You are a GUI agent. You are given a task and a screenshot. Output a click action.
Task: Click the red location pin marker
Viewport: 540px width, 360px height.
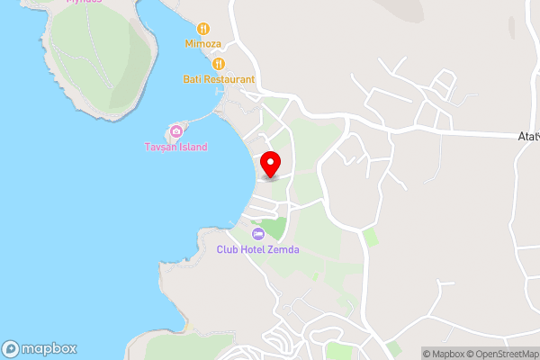[x=270, y=165]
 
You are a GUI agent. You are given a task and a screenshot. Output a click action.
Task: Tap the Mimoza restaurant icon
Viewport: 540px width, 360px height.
[x=203, y=29]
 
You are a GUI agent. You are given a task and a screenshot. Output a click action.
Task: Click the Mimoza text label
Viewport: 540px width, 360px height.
[x=203, y=43]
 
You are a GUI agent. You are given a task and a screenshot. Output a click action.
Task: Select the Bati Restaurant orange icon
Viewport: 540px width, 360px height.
[x=218, y=64]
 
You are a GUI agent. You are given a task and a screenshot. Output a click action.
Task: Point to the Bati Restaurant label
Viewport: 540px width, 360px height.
[x=218, y=79]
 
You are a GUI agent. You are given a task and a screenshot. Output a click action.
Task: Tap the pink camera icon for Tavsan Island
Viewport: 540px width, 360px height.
[x=176, y=131]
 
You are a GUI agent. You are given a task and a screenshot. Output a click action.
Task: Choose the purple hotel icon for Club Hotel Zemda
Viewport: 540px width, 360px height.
[x=258, y=234]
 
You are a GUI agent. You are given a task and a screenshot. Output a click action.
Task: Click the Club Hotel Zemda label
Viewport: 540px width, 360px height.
[x=257, y=249]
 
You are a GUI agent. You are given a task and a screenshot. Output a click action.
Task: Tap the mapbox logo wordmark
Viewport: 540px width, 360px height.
[x=49, y=348]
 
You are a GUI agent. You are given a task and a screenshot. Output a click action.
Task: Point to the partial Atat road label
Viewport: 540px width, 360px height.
[x=528, y=136]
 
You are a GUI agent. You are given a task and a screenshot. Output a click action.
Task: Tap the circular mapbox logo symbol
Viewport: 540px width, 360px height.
[x=11, y=348]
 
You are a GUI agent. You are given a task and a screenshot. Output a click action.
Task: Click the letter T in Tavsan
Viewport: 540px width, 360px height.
[x=148, y=147]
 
